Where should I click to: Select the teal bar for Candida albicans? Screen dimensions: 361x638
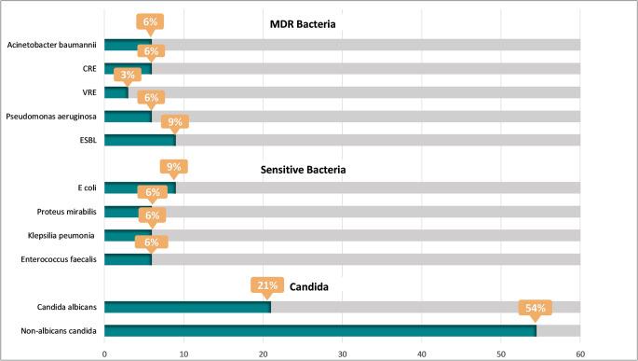click(x=187, y=306)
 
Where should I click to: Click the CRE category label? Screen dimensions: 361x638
click(x=88, y=69)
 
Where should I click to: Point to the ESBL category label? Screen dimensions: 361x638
click(x=88, y=141)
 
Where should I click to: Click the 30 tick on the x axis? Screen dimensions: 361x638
click(x=343, y=353)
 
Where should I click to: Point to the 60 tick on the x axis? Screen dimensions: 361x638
click(x=580, y=353)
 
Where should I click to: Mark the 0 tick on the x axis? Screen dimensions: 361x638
click(x=104, y=353)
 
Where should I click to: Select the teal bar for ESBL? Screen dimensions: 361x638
click(x=140, y=140)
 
